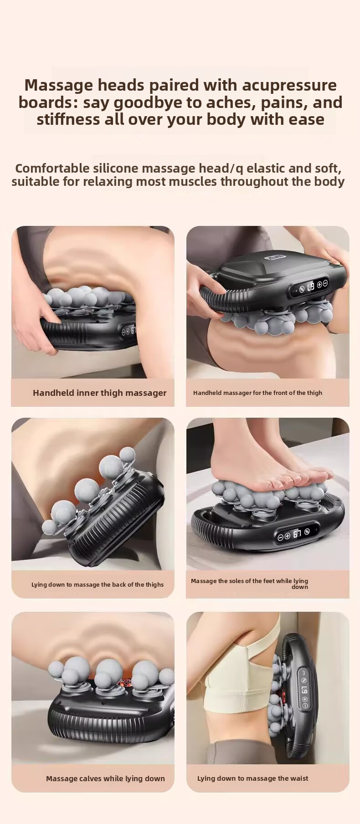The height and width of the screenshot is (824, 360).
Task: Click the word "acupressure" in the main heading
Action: (x=289, y=85)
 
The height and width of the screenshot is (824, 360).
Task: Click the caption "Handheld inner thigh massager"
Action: (x=100, y=393)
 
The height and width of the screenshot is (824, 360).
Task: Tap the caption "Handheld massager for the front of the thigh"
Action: (x=257, y=393)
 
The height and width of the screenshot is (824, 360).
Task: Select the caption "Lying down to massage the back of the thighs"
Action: (x=98, y=584)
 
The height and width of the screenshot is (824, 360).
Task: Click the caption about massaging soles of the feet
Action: (x=250, y=583)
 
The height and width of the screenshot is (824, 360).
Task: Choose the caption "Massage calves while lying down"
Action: (x=105, y=778)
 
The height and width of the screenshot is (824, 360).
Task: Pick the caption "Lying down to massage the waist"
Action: (x=252, y=778)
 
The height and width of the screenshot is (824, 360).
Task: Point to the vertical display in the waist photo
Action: (x=304, y=690)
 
